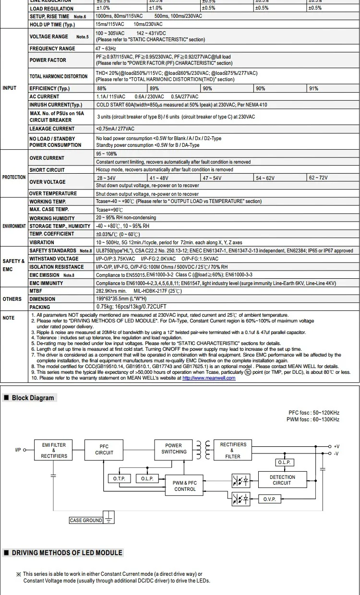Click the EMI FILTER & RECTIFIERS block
pyautogui.click(x=53, y=451)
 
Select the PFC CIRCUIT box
pyautogui.click(x=104, y=450)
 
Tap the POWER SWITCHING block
pyautogui.click(x=174, y=449)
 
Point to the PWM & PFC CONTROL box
pyautogui.click(x=185, y=486)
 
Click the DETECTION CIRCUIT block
pyautogui.click(x=282, y=480)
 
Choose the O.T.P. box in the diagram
pyautogui.click(x=119, y=479)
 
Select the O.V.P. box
pyautogui.click(x=269, y=500)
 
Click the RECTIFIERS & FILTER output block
pyautogui.click(x=233, y=451)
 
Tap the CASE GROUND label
pyautogui.click(x=86, y=520)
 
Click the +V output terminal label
pyautogui.click(x=336, y=447)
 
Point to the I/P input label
pyautogui.click(x=18, y=450)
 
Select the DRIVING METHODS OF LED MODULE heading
pyautogui.click(x=67, y=553)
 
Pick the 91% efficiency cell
pyautogui.click(x=313, y=88)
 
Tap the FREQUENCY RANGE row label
pyautogui.click(x=52, y=48)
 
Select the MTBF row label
pyautogui.click(x=36, y=291)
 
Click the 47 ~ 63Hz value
pyautogui.click(x=106, y=48)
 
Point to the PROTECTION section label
pyautogui.click(x=14, y=177)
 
